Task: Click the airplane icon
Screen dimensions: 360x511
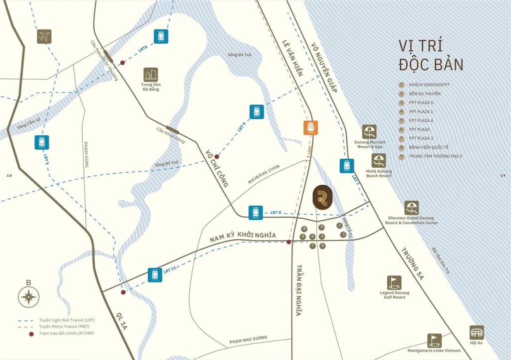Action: [x=44, y=36]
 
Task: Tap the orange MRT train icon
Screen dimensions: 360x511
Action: [x=310, y=128]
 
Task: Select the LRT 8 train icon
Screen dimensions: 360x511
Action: [x=255, y=213]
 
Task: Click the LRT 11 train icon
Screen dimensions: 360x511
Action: [x=155, y=275]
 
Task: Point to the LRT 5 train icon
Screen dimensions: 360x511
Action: [x=41, y=142]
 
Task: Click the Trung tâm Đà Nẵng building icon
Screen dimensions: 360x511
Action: [x=150, y=74]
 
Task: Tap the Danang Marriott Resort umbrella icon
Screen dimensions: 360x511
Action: [x=369, y=132]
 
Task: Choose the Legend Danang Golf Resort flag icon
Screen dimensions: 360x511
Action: [x=394, y=283]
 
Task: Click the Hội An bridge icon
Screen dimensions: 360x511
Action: [x=476, y=333]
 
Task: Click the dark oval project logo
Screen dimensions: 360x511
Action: [x=321, y=197]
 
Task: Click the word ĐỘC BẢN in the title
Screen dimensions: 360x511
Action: [x=431, y=64]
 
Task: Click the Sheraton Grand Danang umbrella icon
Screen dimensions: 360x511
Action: [x=411, y=208]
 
